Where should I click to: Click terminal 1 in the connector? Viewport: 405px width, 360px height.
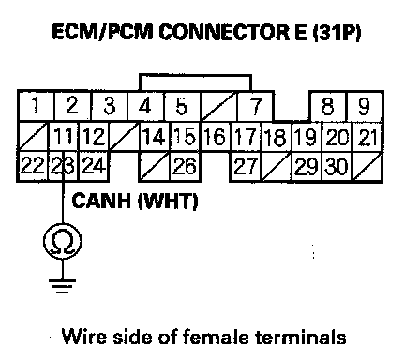tap(37, 105)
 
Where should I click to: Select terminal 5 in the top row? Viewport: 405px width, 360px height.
tap(182, 106)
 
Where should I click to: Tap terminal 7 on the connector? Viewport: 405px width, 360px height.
tap(256, 106)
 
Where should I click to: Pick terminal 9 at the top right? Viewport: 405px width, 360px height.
tap(365, 106)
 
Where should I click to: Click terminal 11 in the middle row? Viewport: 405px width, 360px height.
tap(64, 136)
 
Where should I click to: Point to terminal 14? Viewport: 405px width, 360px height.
tap(154, 136)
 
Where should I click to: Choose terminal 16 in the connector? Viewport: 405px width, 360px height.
tap(215, 136)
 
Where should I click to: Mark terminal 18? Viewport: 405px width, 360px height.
tap(276, 137)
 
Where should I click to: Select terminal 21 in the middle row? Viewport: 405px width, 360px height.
tap(367, 137)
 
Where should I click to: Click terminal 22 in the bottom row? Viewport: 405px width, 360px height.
tap(33, 166)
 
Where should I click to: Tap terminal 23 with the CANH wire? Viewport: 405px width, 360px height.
tap(64, 166)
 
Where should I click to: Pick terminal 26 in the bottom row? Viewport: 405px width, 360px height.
tap(185, 166)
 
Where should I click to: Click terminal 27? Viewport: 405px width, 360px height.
tap(246, 166)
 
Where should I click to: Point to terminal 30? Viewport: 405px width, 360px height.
tap(337, 166)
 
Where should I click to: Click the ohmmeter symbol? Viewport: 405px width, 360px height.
tap(63, 241)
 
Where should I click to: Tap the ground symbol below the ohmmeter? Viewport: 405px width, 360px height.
tap(63, 286)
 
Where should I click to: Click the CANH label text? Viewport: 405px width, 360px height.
tap(101, 201)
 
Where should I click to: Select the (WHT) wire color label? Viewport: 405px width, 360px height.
tap(168, 201)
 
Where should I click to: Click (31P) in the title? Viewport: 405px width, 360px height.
tap(337, 32)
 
